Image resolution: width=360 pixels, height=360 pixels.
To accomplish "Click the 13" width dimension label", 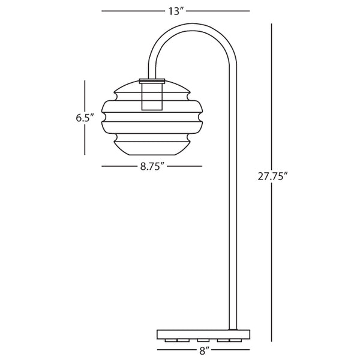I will (175, 11).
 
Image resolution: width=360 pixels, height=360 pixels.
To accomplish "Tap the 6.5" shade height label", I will (85, 118).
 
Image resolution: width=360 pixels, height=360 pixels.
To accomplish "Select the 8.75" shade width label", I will (152, 167).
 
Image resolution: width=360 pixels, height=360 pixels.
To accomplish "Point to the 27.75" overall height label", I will (272, 176).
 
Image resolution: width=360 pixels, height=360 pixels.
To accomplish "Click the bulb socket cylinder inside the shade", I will (152, 97).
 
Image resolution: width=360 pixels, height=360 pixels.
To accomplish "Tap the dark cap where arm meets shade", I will (152, 80).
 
